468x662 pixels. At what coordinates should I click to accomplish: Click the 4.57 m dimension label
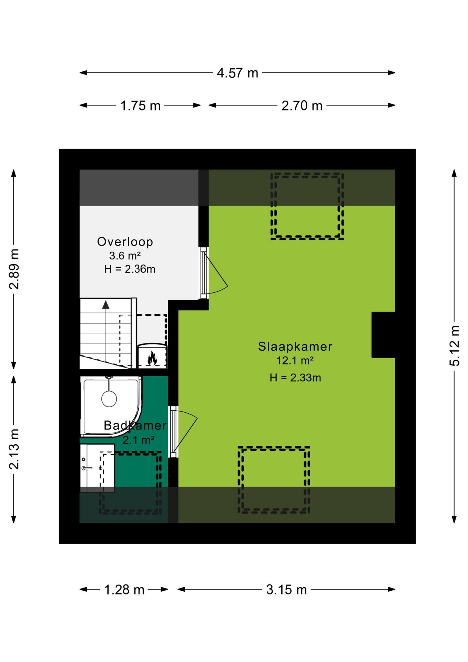pyautogui.click(x=237, y=73)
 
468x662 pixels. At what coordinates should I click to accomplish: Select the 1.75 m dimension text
pyautogui.click(x=140, y=106)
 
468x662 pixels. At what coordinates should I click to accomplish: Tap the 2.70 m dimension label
pyautogui.click(x=302, y=106)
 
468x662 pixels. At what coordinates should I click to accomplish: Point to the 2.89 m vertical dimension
pyautogui.click(x=14, y=269)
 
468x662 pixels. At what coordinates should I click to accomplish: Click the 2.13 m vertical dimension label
pyautogui.click(x=14, y=449)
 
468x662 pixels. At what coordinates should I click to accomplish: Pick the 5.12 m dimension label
pyautogui.click(x=455, y=346)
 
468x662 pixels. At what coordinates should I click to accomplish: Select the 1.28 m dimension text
pyautogui.click(x=124, y=590)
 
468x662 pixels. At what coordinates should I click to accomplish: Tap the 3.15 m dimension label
pyautogui.click(x=286, y=590)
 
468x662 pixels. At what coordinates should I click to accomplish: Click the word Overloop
pyautogui.click(x=125, y=242)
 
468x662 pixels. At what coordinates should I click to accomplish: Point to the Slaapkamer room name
pyautogui.click(x=295, y=347)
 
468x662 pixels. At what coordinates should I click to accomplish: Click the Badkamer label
pyautogui.click(x=135, y=425)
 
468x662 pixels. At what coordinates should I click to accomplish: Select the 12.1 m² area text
pyautogui.click(x=295, y=361)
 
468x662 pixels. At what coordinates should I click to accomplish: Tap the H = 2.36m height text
pyautogui.click(x=130, y=269)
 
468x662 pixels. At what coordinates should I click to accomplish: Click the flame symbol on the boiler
pyautogui.click(x=152, y=358)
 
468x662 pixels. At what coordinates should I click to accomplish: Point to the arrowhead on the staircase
pyautogui.click(x=106, y=305)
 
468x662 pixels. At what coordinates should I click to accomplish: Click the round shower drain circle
pyautogui.click(x=109, y=399)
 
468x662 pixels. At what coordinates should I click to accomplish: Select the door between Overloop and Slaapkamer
pyautogui.click(x=214, y=273)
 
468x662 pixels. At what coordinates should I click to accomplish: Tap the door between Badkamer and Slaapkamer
pyautogui.click(x=183, y=432)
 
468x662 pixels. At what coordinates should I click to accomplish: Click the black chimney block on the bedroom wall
pyautogui.click(x=383, y=335)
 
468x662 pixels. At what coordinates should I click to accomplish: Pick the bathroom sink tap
pyautogui.click(x=87, y=468)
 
